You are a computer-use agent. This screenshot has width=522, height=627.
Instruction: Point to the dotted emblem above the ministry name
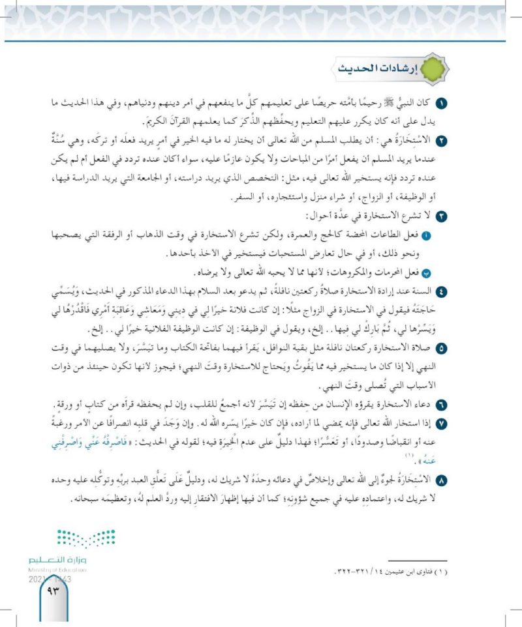point(72,538)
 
